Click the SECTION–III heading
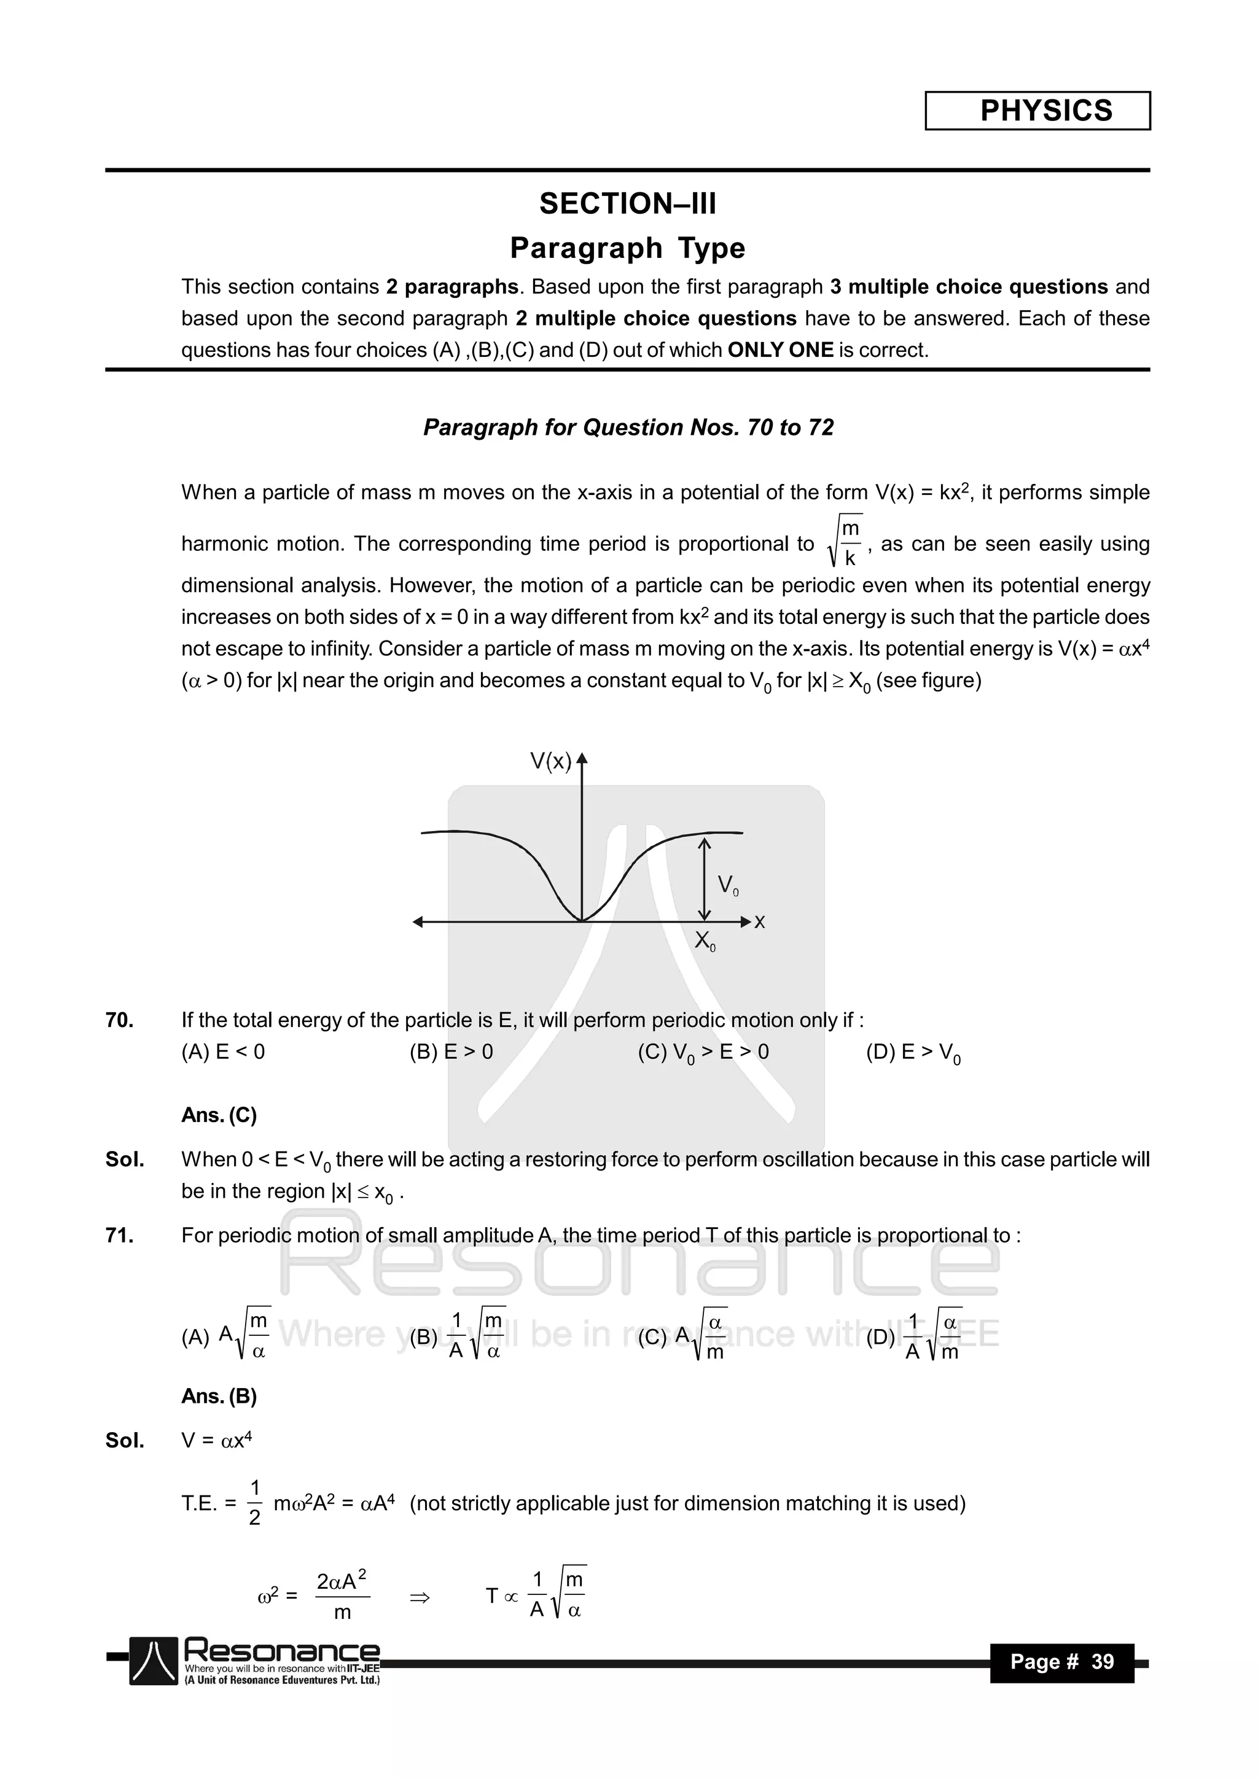[x=627, y=204]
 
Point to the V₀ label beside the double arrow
[x=727, y=884]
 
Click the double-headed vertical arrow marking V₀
[x=703, y=878]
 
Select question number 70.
[x=119, y=1021]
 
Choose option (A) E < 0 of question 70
[x=223, y=1053]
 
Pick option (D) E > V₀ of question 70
[x=913, y=1053]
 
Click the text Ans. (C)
[x=219, y=1115]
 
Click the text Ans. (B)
[x=219, y=1396]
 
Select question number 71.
[x=119, y=1236]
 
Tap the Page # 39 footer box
[x=1061, y=1663]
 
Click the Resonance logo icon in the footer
[x=154, y=1662]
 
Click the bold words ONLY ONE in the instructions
[x=780, y=350]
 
